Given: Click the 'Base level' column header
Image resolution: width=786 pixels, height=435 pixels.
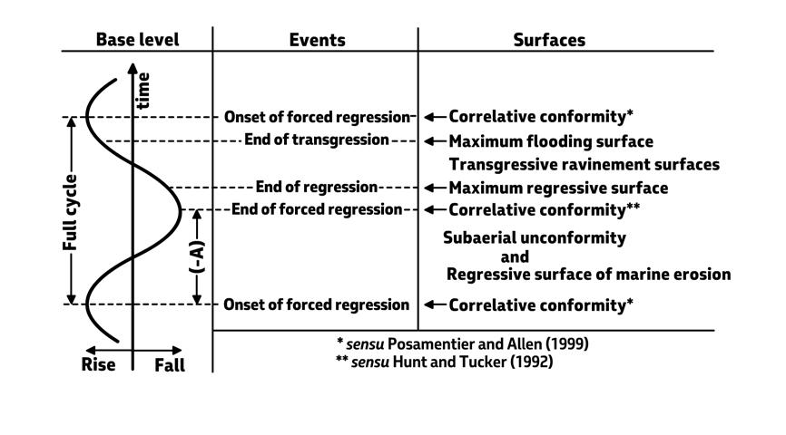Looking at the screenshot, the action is (138, 40).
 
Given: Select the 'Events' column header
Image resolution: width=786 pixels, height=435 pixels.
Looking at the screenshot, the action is (317, 40).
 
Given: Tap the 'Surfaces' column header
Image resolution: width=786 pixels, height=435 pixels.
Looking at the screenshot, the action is (549, 40).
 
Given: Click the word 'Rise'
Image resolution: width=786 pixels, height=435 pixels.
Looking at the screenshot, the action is (99, 364).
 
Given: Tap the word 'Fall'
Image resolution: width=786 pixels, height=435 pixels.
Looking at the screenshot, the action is (169, 364).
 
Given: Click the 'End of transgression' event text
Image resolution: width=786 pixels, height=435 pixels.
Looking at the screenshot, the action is (316, 140).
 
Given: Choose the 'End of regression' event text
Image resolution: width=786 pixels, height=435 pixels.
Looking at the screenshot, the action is (316, 188).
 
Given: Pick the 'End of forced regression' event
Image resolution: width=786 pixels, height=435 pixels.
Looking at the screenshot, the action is (316, 209).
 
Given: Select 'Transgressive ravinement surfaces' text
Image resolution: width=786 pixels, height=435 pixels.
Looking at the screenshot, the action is (584, 165).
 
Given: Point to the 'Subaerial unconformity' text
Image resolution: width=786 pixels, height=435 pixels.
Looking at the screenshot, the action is (535, 237).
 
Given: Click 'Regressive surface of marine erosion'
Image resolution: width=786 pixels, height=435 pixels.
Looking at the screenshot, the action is (588, 274).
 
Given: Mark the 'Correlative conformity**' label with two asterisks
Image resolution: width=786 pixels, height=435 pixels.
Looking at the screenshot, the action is (545, 209).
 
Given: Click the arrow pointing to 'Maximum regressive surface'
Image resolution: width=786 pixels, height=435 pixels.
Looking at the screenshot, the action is (435, 188).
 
